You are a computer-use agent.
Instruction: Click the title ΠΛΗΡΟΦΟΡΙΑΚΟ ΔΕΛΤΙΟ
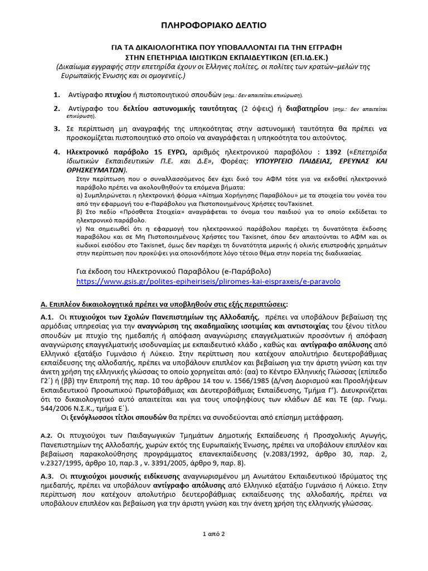214,25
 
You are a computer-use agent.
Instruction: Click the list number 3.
56,129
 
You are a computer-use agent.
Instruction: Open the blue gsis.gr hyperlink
208,282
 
